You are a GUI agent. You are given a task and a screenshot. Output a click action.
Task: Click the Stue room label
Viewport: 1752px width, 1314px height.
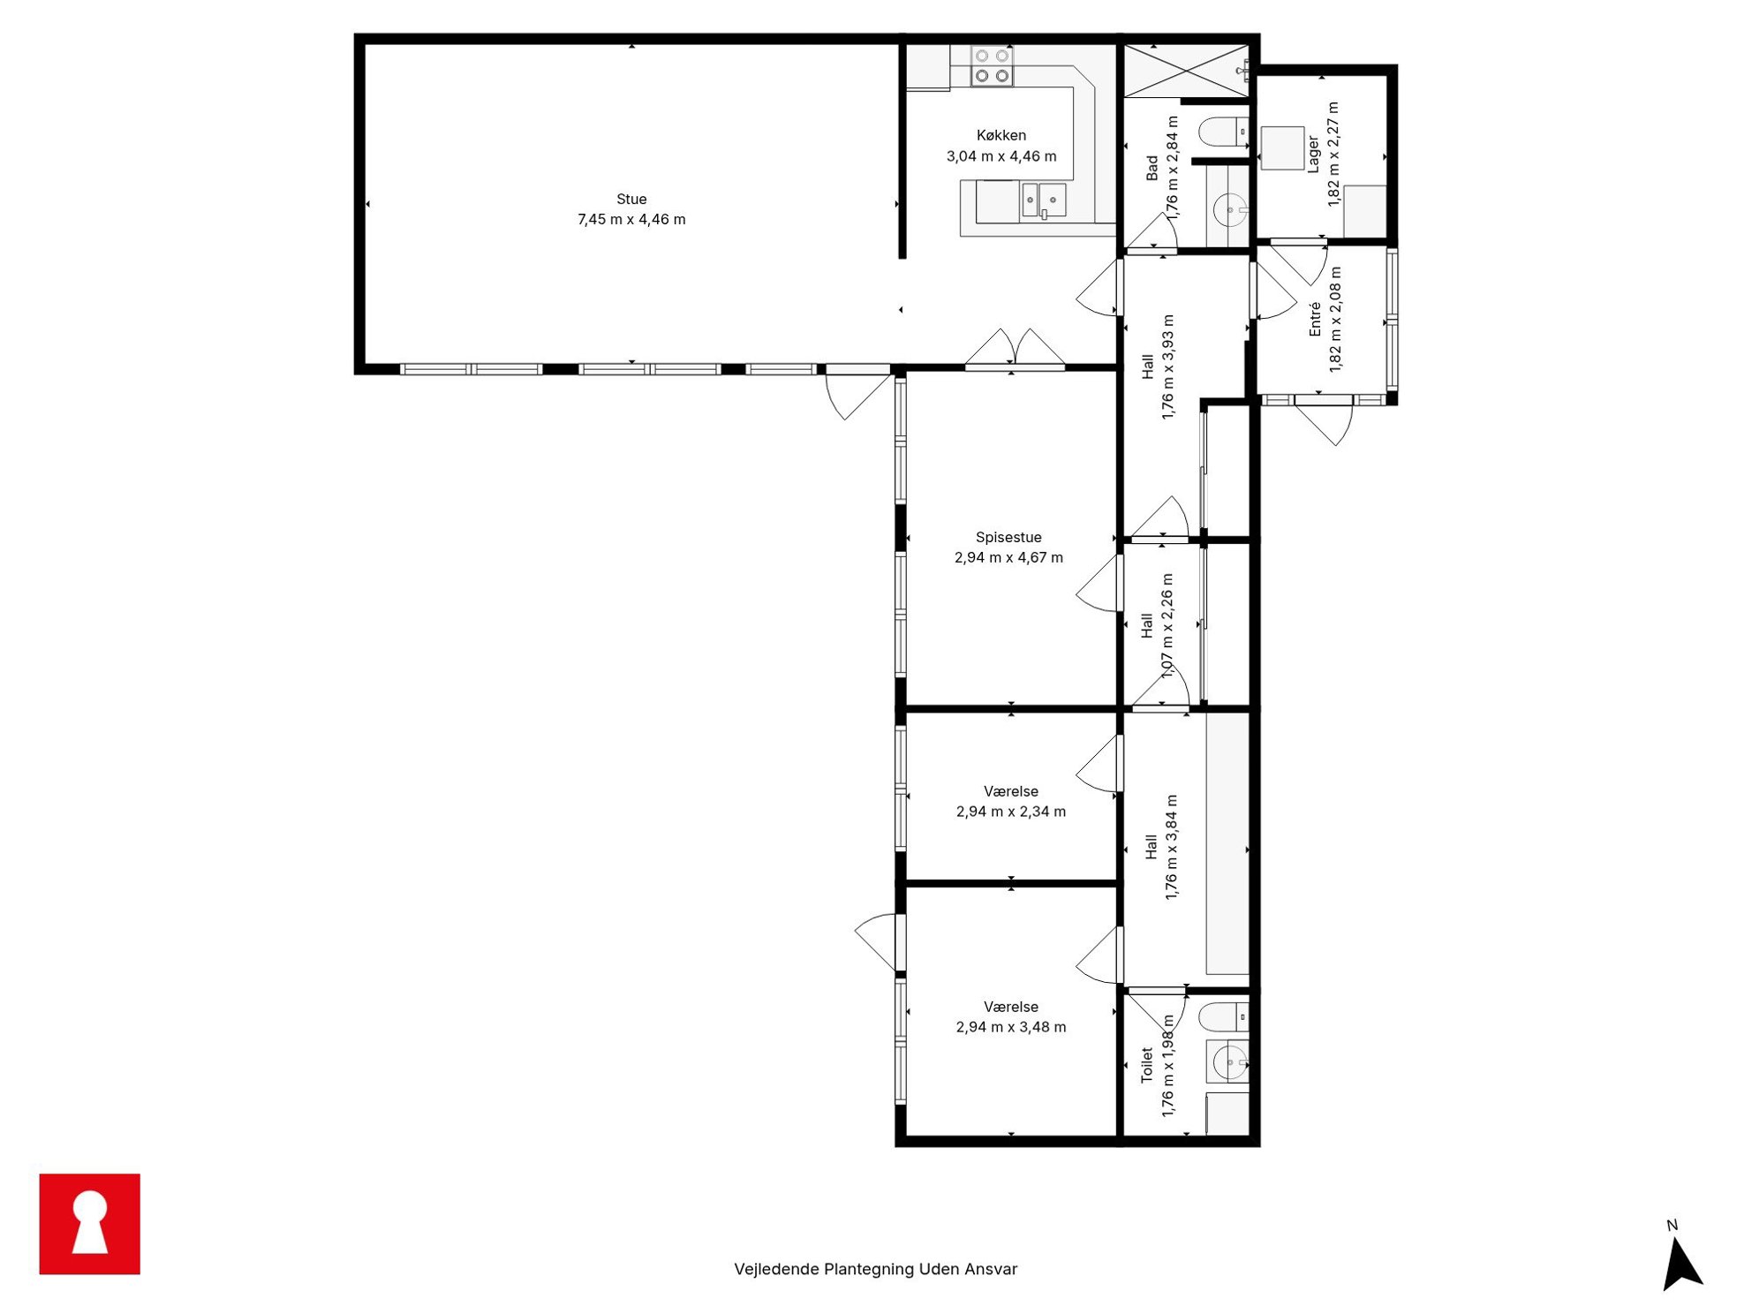(631, 200)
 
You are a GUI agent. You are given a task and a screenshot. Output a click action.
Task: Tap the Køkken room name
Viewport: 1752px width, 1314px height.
(1001, 135)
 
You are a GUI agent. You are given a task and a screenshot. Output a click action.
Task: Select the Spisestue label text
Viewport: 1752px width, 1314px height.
(1008, 537)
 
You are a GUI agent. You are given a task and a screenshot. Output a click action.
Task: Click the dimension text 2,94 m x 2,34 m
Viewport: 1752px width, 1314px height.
(1011, 812)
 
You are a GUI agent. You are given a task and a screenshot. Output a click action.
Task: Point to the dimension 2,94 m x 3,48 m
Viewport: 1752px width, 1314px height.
(1011, 1027)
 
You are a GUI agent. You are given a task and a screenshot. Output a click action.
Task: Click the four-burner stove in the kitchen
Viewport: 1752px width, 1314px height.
(992, 66)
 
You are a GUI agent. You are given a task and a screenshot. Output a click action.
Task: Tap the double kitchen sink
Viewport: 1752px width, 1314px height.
(1043, 200)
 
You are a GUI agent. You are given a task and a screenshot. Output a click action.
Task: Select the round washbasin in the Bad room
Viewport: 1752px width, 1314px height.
(1230, 210)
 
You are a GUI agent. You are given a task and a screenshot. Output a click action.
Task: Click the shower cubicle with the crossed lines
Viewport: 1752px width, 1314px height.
(1186, 71)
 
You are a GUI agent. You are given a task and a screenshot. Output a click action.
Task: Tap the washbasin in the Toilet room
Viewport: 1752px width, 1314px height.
(1229, 1061)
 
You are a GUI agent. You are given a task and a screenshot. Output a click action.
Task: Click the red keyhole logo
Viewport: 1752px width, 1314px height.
(90, 1224)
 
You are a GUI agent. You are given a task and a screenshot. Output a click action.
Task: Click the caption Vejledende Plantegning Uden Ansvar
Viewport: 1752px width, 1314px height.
(875, 1269)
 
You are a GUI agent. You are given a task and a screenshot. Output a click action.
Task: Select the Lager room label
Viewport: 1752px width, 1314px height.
(1313, 155)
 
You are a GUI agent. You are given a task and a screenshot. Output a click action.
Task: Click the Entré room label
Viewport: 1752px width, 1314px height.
(1315, 319)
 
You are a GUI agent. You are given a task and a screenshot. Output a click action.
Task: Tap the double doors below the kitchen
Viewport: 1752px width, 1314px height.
(1015, 348)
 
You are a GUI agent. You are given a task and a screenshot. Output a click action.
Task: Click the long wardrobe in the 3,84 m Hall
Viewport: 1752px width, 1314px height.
(1227, 843)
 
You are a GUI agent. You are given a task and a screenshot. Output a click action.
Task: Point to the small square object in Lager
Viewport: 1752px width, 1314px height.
(1282, 148)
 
